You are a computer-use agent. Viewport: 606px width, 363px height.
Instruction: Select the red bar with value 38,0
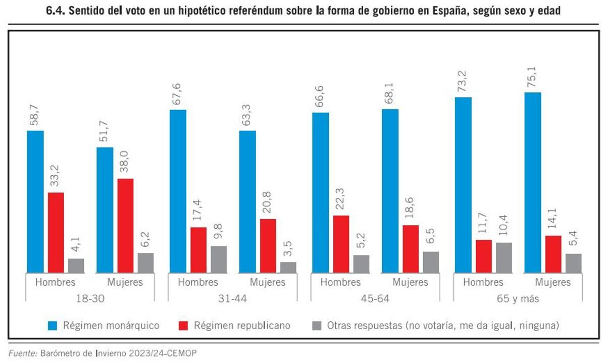(x=126, y=226)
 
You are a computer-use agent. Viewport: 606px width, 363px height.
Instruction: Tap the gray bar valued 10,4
(x=503, y=257)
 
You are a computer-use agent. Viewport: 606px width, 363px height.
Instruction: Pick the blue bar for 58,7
(x=35, y=202)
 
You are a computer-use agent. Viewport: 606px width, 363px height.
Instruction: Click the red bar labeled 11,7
(x=484, y=256)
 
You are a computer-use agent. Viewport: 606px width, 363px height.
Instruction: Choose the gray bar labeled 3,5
(x=288, y=268)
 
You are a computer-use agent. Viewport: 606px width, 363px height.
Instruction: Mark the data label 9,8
(x=218, y=230)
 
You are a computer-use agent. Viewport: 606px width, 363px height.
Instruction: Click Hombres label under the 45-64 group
(x=340, y=282)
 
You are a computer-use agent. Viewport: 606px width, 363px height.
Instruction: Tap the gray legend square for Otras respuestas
(x=317, y=326)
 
